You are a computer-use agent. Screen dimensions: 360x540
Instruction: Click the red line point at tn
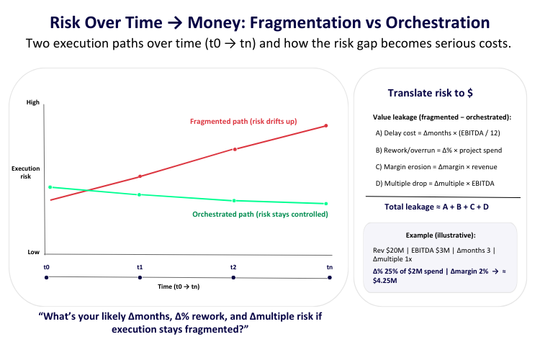point(327,126)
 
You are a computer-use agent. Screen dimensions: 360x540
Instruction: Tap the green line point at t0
point(50,187)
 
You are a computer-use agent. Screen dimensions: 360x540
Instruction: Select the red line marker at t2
point(233,149)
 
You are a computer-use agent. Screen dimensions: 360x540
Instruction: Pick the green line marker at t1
point(140,194)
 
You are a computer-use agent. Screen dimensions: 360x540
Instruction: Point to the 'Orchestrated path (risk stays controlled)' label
point(260,215)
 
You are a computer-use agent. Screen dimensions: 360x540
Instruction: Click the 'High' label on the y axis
point(33,103)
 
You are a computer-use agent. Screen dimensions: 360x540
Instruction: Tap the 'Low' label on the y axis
point(33,252)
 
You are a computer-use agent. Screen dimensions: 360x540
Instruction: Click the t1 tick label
point(140,267)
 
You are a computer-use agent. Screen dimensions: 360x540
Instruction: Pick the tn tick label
point(329,267)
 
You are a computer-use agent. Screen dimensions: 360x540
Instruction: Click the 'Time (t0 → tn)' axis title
point(178,287)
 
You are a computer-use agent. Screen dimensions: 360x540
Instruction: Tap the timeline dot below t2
point(233,278)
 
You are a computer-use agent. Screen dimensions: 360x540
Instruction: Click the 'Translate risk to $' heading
point(430,93)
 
